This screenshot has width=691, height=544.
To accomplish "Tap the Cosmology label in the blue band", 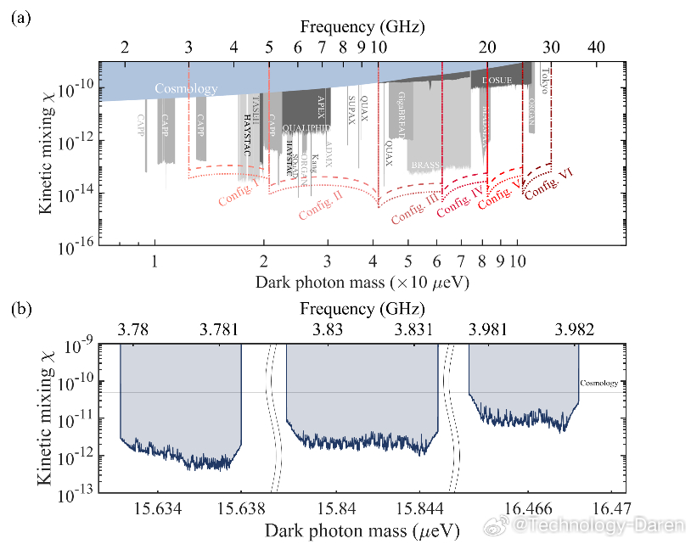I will [x=186, y=89].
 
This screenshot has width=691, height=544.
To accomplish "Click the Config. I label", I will [x=239, y=195].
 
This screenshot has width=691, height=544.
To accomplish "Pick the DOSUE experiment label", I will [x=497, y=81].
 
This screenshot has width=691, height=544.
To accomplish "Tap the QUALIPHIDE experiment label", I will [x=306, y=127].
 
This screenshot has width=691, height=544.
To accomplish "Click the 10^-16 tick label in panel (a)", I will [x=76, y=245].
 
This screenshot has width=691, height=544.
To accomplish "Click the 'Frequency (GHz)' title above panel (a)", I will [x=363, y=27].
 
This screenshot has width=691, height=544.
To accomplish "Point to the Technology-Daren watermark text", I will [x=587, y=528].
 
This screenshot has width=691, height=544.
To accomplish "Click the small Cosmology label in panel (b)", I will [x=599, y=384].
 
